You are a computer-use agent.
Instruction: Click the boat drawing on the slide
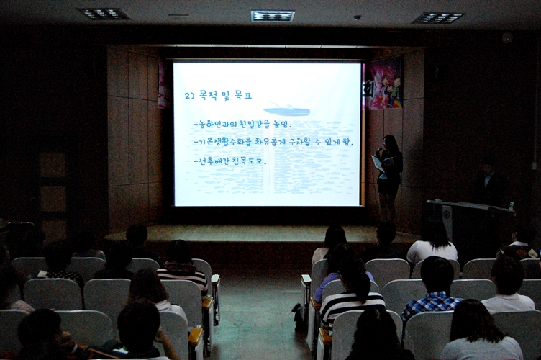click(286, 109)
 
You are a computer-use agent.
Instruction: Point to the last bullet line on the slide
click(230, 161)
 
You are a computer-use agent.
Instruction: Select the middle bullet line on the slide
click(273, 141)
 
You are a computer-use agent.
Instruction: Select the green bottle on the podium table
click(512, 207)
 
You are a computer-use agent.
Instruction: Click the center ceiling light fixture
click(273, 15)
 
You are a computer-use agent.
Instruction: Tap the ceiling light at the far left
click(103, 14)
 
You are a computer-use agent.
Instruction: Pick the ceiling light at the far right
click(438, 17)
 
